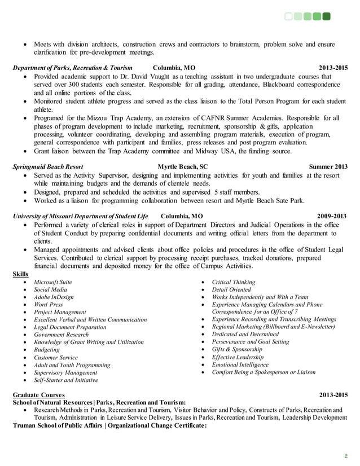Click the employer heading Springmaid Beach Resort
pyautogui.click(x=48, y=167)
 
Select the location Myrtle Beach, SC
pyautogui.click(x=182, y=167)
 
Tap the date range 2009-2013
pyautogui.click(x=333, y=216)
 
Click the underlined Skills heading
pyautogui.click(x=21, y=274)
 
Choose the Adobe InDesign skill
pyautogui.click(x=54, y=297)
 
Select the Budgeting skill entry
pyautogui.click(x=47, y=350)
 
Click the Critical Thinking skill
pyautogui.click(x=233, y=282)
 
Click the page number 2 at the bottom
pyautogui.click(x=346, y=456)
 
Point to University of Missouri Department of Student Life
pyautogui.click(x=80, y=216)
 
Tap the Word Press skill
pyautogui.click(x=49, y=304)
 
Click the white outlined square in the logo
pyautogui.click(x=289, y=16)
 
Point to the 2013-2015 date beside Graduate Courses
pyautogui.click(x=333, y=394)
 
